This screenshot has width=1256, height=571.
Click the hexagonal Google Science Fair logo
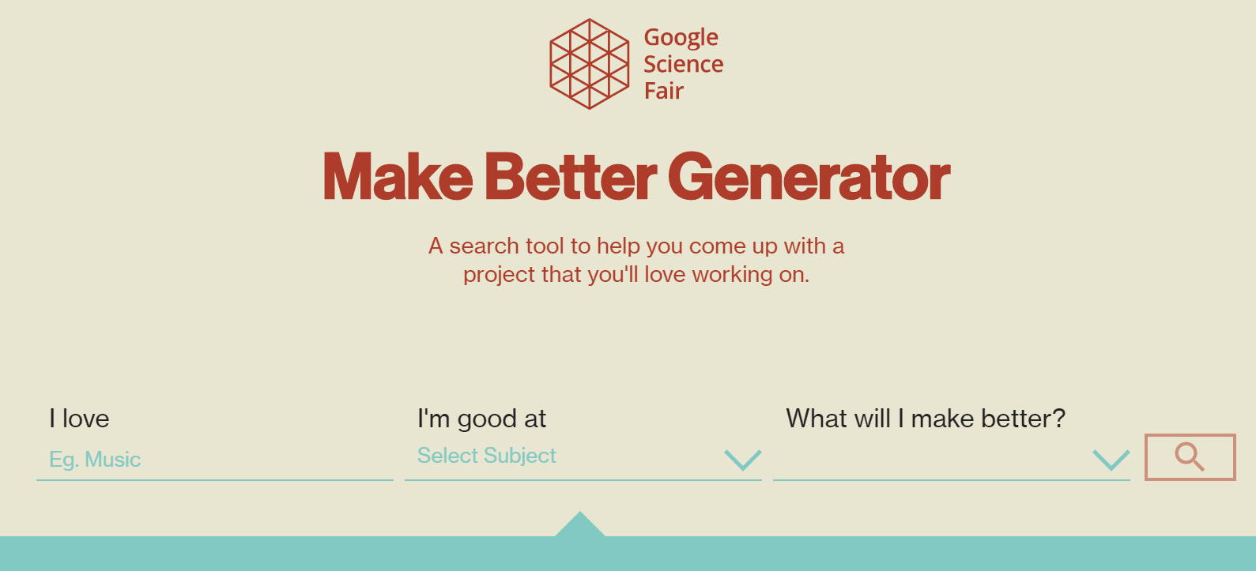(590, 64)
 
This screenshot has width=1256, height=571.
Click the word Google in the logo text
(681, 37)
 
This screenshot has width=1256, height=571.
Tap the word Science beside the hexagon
(683, 64)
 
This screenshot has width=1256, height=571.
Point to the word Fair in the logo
(663, 91)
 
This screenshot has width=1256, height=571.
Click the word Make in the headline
(398, 177)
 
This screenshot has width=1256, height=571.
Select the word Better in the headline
(570, 177)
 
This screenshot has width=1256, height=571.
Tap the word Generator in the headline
(809, 177)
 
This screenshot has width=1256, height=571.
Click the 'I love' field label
(79, 419)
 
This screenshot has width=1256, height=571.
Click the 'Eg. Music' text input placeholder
(95, 460)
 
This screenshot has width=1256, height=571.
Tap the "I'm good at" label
(481, 419)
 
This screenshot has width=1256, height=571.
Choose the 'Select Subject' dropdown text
(486, 456)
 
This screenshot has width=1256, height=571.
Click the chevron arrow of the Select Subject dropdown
(742, 459)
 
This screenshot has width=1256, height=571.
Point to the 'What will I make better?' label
(925, 419)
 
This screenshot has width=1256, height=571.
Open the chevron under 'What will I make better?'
(1111, 459)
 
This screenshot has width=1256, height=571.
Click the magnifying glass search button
(1190, 456)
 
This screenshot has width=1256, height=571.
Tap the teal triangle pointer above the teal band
(580, 525)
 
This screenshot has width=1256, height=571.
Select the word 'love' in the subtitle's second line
(665, 274)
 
